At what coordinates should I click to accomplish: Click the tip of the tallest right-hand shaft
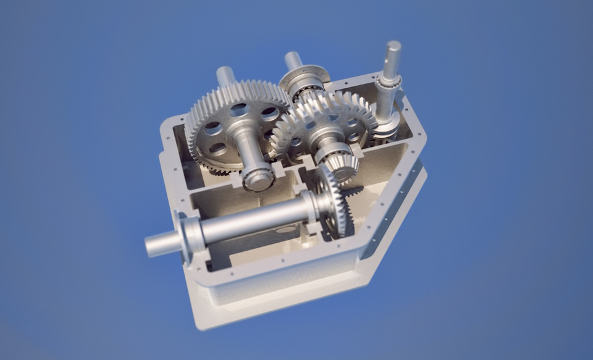pyautogui.click(x=393, y=47)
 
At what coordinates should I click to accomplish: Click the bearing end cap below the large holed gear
pyautogui.click(x=258, y=179)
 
